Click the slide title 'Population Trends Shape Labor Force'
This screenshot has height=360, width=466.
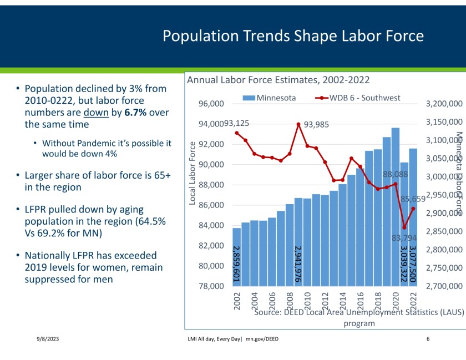(x=293, y=36)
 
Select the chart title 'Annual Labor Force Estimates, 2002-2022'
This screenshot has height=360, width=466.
(x=278, y=80)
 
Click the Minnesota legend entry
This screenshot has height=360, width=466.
(x=270, y=98)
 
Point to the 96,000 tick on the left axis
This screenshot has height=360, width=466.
(x=210, y=104)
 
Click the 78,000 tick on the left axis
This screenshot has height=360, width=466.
(x=210, y=286)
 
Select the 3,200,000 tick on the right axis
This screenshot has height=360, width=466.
(x=443, y=104)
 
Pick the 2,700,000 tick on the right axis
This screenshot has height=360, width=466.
(x=443, y=286)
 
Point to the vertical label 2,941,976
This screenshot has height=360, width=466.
(x=298, y=264)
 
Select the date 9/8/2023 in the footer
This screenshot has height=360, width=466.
(x=42, y=339)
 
